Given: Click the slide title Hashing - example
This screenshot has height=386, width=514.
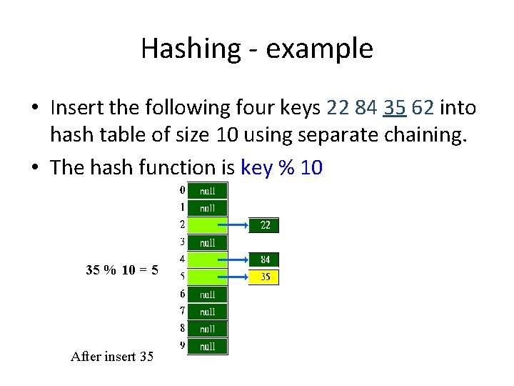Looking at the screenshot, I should [256, 49].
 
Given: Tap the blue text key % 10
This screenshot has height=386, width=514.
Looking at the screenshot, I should [282, 168].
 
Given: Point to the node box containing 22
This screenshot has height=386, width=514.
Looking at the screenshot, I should [265, 226].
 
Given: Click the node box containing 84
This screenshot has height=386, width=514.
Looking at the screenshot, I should [265, 259].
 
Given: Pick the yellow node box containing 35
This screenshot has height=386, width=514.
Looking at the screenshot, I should [265, 277].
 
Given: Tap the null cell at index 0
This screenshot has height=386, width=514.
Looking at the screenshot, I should [207, 191].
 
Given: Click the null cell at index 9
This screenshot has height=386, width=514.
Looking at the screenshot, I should [207, 347].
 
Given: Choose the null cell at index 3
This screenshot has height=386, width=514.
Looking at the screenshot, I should [207, 243].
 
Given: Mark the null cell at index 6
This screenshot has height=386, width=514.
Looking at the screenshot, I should [207, 295].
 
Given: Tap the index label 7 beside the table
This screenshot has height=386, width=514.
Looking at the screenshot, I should [183, 311].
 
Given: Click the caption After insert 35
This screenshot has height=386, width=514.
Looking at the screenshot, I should [112, 356].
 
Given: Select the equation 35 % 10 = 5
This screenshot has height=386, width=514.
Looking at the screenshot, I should [122, 270].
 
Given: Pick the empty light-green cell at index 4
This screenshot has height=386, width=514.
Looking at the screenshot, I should [207, 259].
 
